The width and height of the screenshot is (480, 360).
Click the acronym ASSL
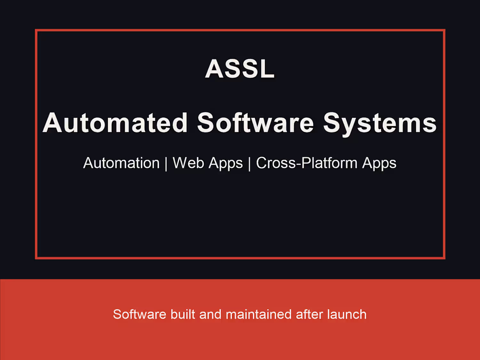click(x=240, y=68)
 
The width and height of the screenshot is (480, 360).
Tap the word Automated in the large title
click(x=115, y=123)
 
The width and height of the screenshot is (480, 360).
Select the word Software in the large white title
click(x=255, y=123)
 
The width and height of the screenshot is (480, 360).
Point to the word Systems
click(x=380, y=124)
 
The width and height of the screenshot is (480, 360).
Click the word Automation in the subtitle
click(x=121, y=163)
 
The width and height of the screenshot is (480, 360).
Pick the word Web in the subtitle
click(x=188, y=163)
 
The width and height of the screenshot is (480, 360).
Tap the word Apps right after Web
click(x=226, y=164)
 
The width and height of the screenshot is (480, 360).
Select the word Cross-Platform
click(x=307, y=163)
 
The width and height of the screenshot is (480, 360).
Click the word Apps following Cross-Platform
click(x=379, y=164)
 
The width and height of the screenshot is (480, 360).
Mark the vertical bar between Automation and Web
click(x=166, y=164)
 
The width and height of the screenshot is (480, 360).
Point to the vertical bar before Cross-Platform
click(x=249, y=164)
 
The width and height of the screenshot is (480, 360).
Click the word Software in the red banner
click(x=140, y=314)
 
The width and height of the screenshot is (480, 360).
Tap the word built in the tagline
click(x=183, y=314)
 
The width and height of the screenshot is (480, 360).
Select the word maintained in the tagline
click(x=259, y=314)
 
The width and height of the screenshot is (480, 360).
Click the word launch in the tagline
click(x=347, y=314)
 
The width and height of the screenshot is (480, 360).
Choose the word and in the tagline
click(x=210, y=314)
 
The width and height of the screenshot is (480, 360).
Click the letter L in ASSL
click(x=267, y=68)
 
